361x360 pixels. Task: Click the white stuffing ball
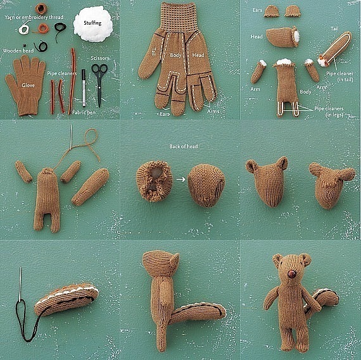click(x=93, y=24)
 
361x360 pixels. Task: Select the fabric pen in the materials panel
click(x=84, y=88)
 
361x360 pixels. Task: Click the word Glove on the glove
click(x=28, y=85)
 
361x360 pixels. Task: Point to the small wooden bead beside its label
click(x=25, y=46)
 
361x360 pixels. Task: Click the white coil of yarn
click(x=24, y=29)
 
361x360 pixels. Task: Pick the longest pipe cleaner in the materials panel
click(x=73, y=81)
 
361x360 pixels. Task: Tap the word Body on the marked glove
click(x=175, y=55)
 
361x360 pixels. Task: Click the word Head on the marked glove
click(x=198, y=55)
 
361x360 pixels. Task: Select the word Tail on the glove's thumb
click(x=154, y=51)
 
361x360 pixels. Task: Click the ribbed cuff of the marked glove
click(x=179, y=18)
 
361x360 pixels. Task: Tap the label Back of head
click(x=184, y=146)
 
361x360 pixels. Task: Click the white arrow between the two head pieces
click(x=181, y=179)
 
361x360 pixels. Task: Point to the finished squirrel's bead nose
click(x=292, y=274)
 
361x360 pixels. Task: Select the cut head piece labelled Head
click(x=282, y=37)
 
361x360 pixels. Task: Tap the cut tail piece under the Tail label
click(x=336, y=49)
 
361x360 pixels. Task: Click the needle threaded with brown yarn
click(x=72, y=136)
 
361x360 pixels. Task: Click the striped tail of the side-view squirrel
click(x=198, y=313)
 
